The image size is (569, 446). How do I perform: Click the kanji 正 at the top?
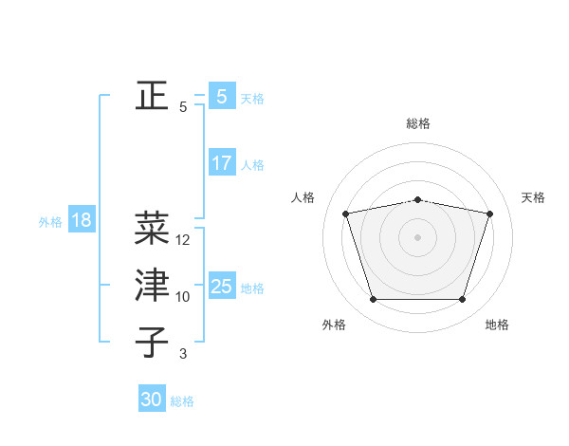(x=152, y=96)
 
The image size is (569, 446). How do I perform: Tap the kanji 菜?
(x=152, y=229)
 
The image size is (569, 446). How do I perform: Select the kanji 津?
(x=152, y=286)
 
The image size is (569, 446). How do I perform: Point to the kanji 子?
(x=152, y=343)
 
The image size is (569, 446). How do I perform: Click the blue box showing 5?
(x=221, y=97)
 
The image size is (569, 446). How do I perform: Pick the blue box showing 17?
(x=222, y=163)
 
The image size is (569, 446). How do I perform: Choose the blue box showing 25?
(x=222, y=287)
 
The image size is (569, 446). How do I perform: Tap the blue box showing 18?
(x=81, y=221)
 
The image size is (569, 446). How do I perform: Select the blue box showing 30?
(x=152, y=400)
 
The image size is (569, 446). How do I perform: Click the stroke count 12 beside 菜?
(x=183, y=241)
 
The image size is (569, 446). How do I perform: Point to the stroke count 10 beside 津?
(x=183, y=297)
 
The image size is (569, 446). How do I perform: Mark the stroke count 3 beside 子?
(x=183, y=354)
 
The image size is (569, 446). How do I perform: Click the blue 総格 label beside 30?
(x=183, y=401)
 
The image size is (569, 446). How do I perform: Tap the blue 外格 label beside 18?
(x=50, y=222)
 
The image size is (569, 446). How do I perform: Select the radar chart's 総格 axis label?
(x=418, y=123)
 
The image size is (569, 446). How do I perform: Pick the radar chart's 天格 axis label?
(x=533, y=197)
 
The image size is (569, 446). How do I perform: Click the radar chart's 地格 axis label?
(x=497, y=325)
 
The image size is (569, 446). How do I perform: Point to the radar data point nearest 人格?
(x=346, y=214)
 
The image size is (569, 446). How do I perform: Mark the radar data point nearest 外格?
(x=373, y=300)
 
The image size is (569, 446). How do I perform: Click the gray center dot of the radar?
(x=418, y=237)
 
